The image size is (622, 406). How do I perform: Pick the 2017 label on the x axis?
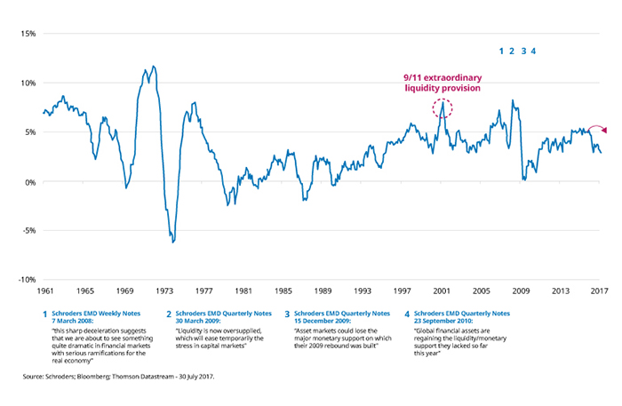[x=600, y=291]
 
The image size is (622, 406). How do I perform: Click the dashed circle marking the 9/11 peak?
[x=443, y=108]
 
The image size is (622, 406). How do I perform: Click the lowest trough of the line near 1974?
[x=173, y=241]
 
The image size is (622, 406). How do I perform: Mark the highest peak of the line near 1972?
[x=154, y=67]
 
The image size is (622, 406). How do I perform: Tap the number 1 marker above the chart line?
[x=502, y=51]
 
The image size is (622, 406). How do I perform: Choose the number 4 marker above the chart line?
[x=534, y=51]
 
